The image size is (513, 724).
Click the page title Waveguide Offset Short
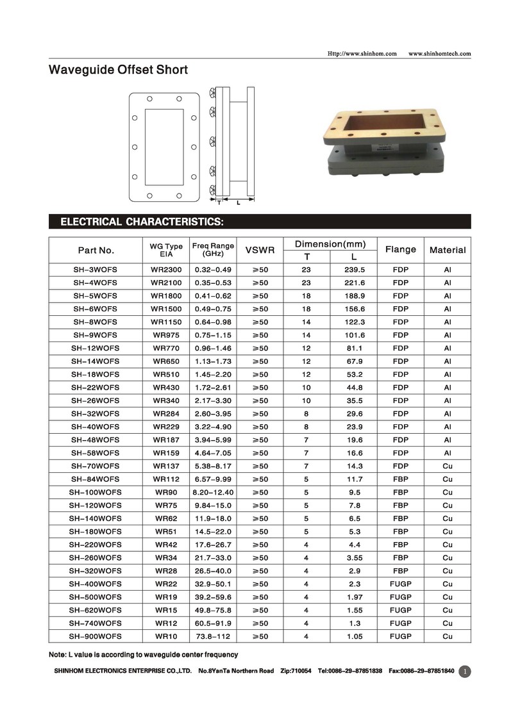(119, 70)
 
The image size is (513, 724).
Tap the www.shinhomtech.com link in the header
(439, 53)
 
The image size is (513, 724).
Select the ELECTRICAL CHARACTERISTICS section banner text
(142, 222)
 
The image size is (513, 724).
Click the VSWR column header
(260, 250)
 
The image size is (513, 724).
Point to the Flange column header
(400, 249)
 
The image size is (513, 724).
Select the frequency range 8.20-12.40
(213, 492)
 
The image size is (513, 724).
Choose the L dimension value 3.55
(354, 557)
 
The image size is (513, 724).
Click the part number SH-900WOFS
(96, 636)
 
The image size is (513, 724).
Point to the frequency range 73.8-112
(213, 636)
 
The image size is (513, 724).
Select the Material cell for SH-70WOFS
(448, 466)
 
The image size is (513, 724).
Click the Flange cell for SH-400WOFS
(400, 584)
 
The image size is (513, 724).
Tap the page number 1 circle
(466, 671)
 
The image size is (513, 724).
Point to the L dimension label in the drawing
(238, 203)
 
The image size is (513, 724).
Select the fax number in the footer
(421, 671)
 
